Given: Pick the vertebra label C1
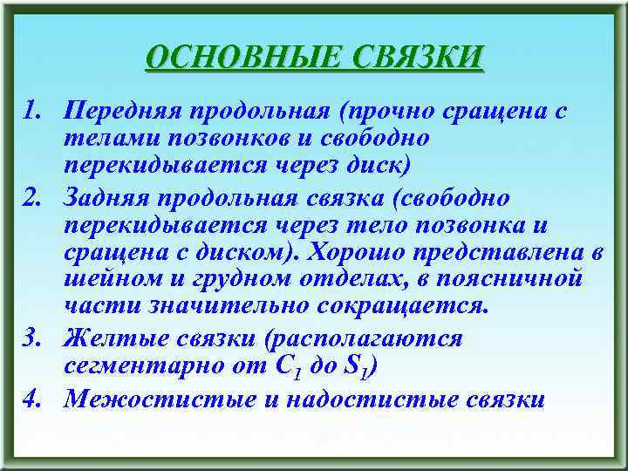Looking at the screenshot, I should coord(289,368).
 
